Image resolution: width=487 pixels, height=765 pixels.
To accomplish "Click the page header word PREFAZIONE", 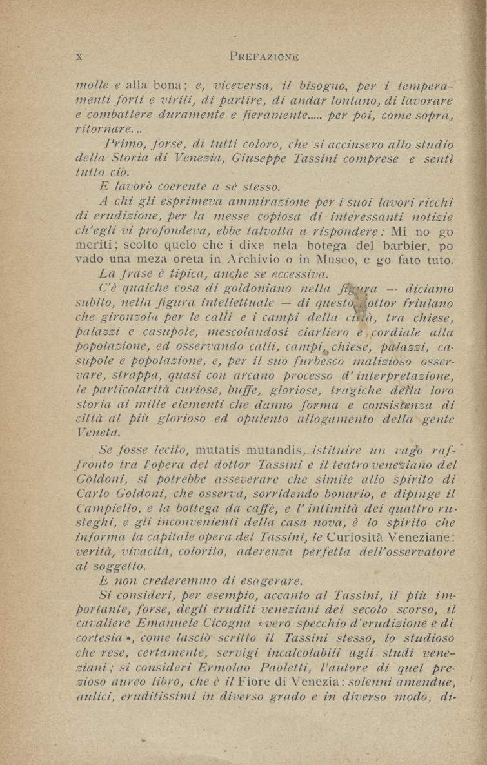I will pos(264,56).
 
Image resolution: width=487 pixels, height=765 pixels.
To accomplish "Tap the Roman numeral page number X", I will pos(79,56).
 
